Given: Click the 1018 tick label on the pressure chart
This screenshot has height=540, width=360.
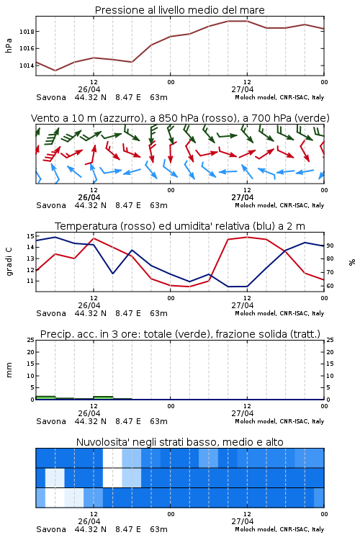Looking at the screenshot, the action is pyautogui.click(x=27, y=32).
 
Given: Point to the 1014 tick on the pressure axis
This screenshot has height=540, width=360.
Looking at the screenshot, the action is pyautogui.click(x=27, y=66).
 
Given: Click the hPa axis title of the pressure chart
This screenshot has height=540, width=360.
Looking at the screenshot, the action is pyautogui.click(x=9, y=45).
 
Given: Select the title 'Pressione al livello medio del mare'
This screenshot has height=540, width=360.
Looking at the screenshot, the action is pyautogui.click(x=180, y=10).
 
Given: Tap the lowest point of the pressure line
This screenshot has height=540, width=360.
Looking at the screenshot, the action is pyautogui.click(x=55, y=71).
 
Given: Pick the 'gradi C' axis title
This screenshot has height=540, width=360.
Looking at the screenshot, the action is pyautogui.click(x=9, y=262).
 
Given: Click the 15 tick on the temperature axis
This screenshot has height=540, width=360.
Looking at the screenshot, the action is pyautogui.click(x=30, y=236).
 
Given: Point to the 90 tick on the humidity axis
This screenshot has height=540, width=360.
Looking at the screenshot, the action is pyautogui.click(x=330, y=246).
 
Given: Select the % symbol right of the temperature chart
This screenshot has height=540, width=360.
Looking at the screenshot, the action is pyautogui.click(x=352, y=262).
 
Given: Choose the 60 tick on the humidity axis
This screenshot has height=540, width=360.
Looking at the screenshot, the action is pyautogui.click(x=330, y=286).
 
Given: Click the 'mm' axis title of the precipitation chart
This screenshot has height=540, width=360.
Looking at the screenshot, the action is pyautogui.click(x=9, y=370).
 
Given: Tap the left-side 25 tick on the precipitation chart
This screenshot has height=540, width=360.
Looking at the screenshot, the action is pyautogui.click(x=30, y=341).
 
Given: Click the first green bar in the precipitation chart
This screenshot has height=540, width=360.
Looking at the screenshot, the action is pyautogui.click(x=45, y=397).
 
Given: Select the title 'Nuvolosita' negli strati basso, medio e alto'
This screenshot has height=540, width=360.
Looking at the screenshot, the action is pyautogui.click(x=180, y=442).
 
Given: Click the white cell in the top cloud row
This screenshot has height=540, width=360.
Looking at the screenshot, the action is pyautogui.click(x=112, y=458).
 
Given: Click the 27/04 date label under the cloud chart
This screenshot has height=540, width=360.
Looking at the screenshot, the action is pyautogui.click(x=243, y=521).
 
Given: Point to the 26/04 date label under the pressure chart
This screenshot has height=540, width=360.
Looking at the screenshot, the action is pyautogui.click(x=89, y=89).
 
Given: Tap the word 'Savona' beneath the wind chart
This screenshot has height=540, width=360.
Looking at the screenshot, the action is pyautogui.click(x=51, y=205).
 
